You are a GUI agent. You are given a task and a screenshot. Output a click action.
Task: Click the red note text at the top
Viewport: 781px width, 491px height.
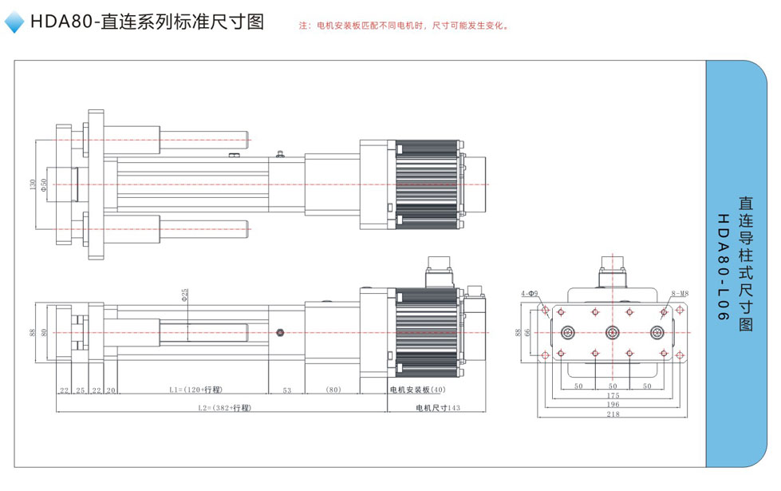tap(404, 26)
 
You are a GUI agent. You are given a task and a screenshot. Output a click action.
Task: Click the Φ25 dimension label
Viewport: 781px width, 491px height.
tap(185, 295)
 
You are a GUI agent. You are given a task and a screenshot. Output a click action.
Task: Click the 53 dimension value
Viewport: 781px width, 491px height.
tap(287, 390)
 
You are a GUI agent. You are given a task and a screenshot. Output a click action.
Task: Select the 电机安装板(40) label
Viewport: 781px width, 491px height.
tap(419, 390)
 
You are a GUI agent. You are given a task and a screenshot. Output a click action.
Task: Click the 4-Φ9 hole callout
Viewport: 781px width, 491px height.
tap(530, 293)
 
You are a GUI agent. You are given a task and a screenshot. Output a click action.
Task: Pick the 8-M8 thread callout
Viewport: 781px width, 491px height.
tap(679, 293)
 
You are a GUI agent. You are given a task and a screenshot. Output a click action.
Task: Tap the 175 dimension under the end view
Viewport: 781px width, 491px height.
tap(612, 395)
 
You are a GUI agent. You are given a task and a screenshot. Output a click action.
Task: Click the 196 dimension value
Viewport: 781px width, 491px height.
tap(612, 405)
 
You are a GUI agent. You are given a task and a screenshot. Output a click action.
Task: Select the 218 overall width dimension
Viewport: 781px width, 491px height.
tap(612, 415)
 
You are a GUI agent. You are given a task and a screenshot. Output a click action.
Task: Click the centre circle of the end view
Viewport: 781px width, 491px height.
tap(612, 332)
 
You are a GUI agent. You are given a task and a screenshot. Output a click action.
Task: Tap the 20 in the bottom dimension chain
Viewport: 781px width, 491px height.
tap(112, 390)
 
